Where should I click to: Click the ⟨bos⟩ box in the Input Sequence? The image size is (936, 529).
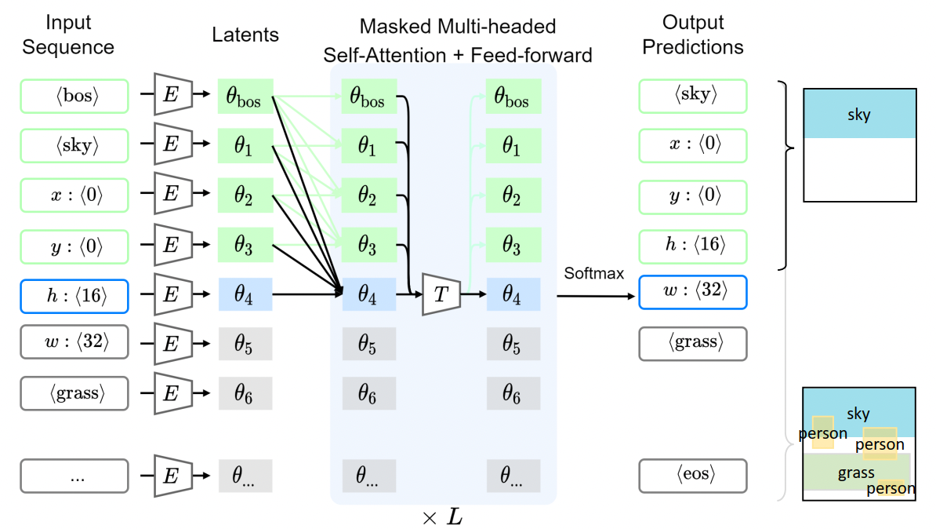tap(74, 97)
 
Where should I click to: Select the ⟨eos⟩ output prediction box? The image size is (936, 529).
tap(692, 476)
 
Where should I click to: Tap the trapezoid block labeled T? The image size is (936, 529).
tap(440, 295)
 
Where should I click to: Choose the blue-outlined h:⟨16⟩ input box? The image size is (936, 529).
tap(74, 295)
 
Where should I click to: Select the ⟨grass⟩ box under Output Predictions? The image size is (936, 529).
tap(692, 343)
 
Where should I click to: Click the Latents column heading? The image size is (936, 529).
tap(245, 35)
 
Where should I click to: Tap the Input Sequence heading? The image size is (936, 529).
tap(68, 35)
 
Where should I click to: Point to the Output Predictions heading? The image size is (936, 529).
tap(692, 35)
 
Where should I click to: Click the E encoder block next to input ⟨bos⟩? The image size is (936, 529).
tap(169, 97)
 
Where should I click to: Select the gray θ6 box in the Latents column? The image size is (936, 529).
tap(245, 392)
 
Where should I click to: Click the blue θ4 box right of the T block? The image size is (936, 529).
tap(512, 295)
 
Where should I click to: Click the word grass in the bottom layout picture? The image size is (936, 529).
tap(855, 472)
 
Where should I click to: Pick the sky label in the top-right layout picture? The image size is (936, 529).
tap(859, 115)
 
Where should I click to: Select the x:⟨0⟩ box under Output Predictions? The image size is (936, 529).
tap(692, 145)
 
